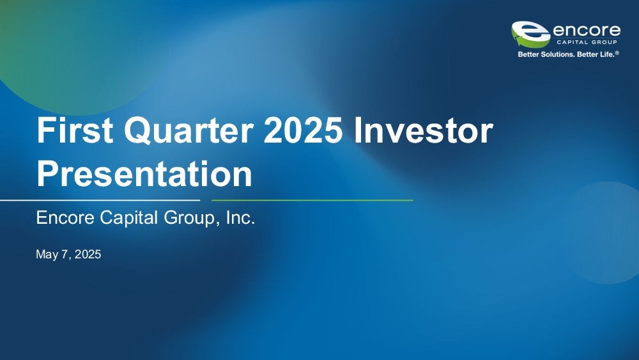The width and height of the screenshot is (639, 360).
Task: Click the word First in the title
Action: click(75, 130)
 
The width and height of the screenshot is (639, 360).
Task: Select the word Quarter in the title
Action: click(189, 131)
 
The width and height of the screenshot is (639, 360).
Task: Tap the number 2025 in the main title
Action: click(303, 130)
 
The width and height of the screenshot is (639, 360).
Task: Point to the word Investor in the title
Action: click(424, 130)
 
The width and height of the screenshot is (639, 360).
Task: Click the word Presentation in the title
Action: click(144, 173)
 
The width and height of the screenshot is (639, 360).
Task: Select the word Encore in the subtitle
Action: click(65, 217)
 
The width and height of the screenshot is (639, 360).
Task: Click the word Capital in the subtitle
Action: click(129, 218)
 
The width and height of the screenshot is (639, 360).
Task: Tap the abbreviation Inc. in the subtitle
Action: click(240, 217)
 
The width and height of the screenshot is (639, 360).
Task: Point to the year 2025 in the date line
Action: click(88, 254)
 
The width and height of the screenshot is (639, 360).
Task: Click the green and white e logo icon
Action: click(530, 35)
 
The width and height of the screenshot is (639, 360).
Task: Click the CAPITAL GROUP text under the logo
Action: click(587, 42)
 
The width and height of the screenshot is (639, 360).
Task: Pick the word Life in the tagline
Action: click(605, 54)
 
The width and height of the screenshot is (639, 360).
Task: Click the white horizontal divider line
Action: click(100, 200)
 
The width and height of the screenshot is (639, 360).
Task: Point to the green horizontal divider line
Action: click(312, 200)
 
